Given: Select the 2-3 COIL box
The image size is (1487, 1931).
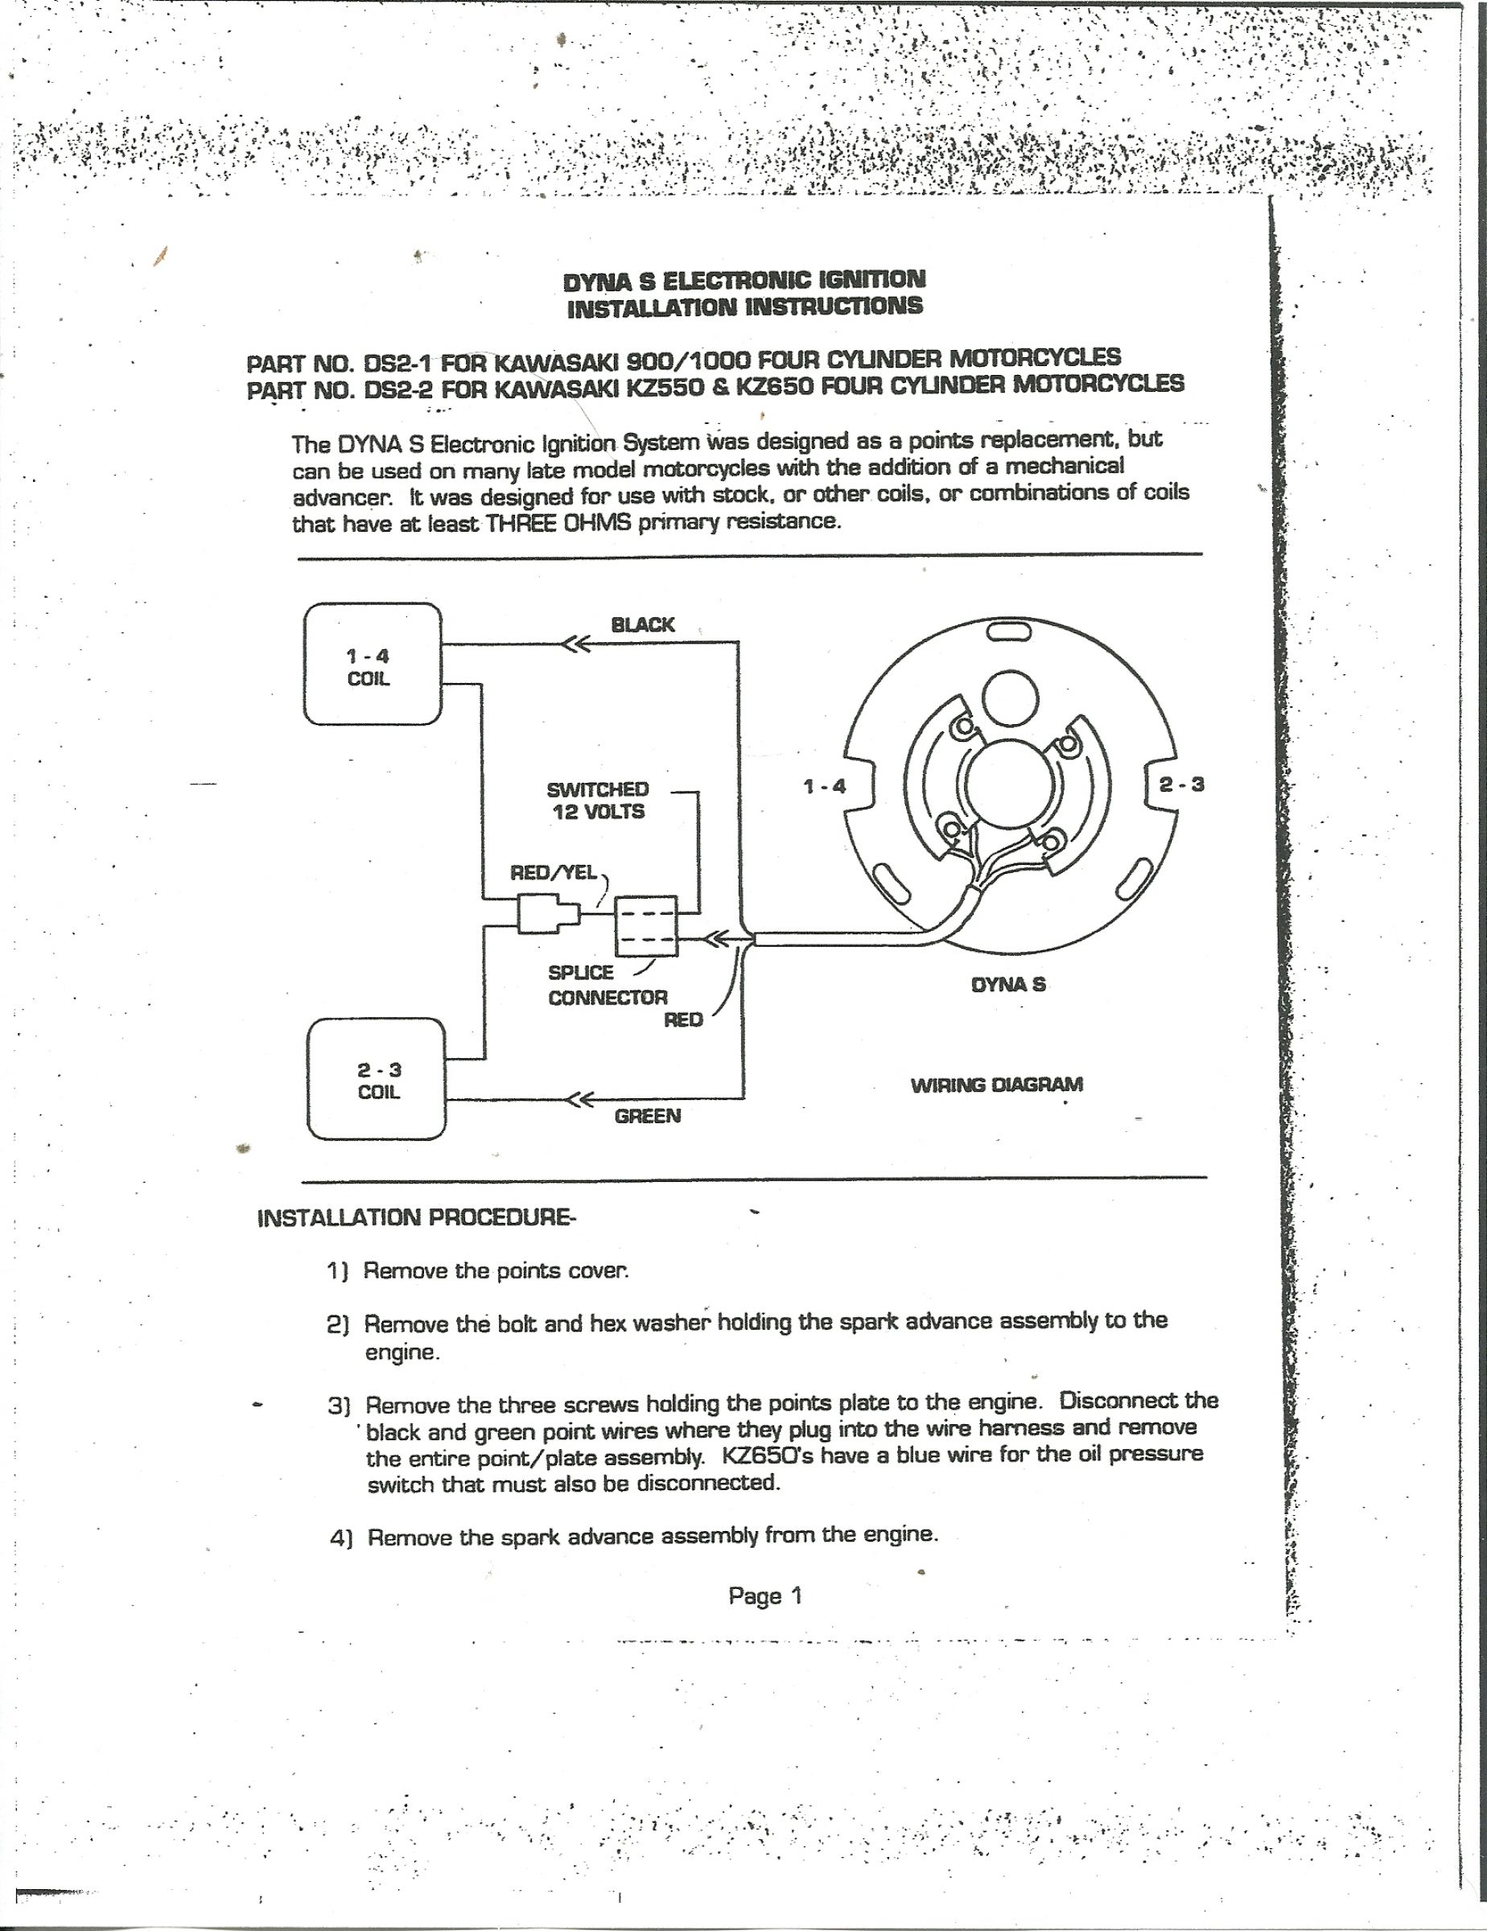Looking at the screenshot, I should coord(377,1079).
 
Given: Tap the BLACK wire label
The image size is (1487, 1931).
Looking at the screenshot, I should coord(643,625).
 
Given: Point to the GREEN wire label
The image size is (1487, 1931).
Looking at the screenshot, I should coord(648,1116).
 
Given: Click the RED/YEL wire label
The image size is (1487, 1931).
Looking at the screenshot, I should coord(554,873).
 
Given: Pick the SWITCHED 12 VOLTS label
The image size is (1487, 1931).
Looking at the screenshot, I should coord(598,801).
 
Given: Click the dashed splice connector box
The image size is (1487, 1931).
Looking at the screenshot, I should coord(645,926).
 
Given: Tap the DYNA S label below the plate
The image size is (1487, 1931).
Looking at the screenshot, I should coord(1008,984).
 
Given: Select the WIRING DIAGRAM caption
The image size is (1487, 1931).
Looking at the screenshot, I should coord(996,1085).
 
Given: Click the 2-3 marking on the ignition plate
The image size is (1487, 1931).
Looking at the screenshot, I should coord(1182,784).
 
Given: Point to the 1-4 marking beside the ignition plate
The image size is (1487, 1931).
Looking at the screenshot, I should coord(824,786).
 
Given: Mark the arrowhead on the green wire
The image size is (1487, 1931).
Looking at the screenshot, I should coord(579,1100).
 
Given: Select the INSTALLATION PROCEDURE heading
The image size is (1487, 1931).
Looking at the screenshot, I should coord(415,1217).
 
